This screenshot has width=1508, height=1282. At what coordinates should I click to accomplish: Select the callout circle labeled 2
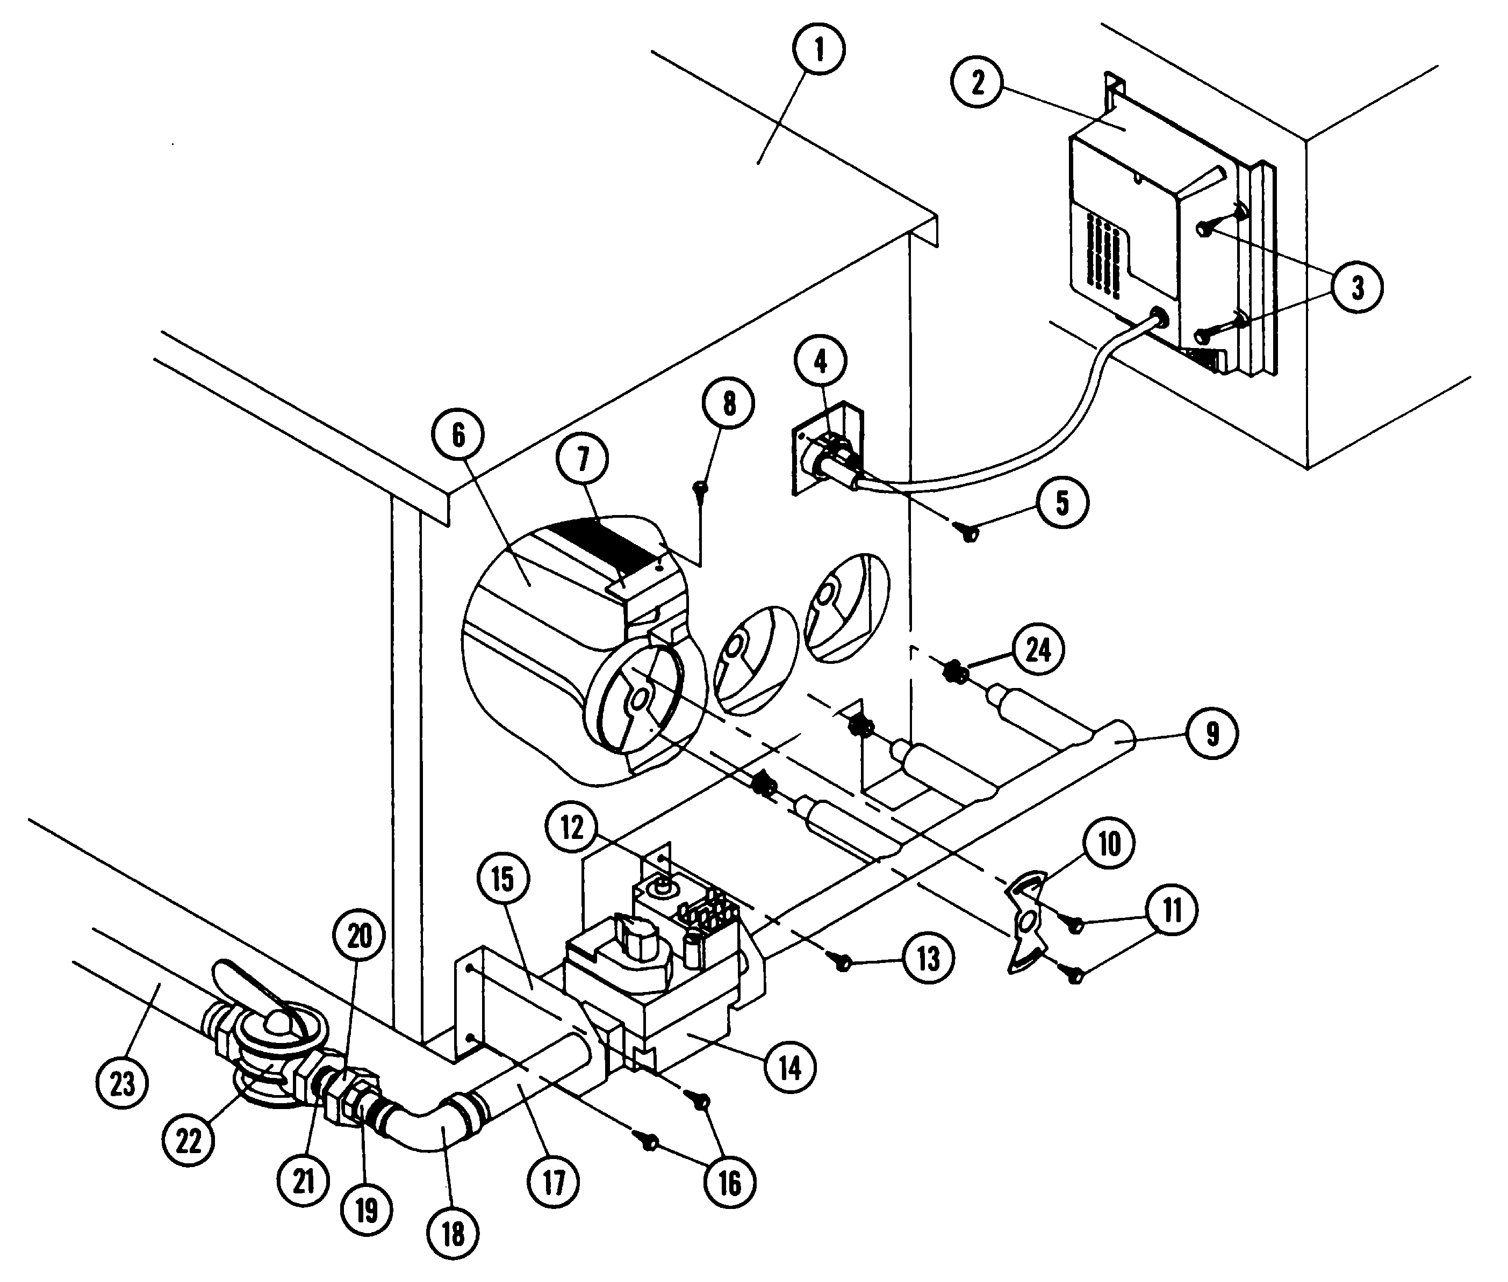[977, 83]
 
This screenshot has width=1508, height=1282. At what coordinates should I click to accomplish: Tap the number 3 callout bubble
[1357, 288]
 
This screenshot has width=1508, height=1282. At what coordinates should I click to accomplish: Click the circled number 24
[1038, 649]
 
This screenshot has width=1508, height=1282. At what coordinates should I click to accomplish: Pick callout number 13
[928, 959]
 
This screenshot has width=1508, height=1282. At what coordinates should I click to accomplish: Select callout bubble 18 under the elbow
[453, 1233]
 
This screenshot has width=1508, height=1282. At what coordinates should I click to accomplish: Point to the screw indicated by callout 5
[969, 534]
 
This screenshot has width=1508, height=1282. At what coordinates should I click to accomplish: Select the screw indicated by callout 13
[843, 964]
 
